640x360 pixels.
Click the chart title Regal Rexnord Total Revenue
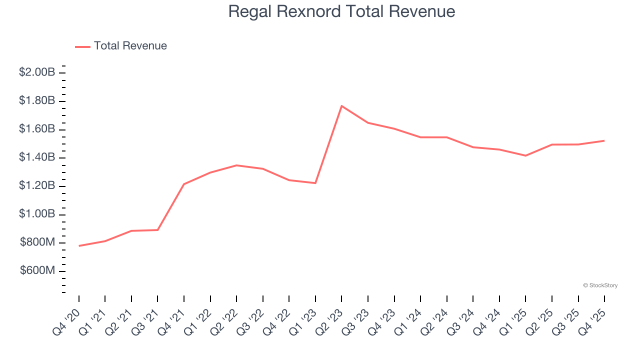(x=341, y=11)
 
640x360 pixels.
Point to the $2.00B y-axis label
(x=37, y=72)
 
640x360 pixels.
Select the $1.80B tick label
(x=37, y=101)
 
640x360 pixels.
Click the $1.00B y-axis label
(x=37, y=214)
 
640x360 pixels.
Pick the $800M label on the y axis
(x=37, y=243)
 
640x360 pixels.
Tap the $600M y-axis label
(x=37, y=271)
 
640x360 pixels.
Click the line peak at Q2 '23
(x=341, y=106)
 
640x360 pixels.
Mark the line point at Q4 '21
(x=184, y=184)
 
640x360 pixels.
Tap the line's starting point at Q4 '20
(x=79, y=246)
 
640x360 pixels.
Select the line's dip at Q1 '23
(x=315, y=183)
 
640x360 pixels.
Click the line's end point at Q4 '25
(x=604, y=140)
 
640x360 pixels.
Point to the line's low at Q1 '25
(x=525, y=155)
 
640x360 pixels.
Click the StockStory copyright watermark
(x=600, y=285)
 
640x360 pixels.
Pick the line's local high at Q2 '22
(x=236, y=165)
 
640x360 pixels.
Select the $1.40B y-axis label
(x=37, y=157)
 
